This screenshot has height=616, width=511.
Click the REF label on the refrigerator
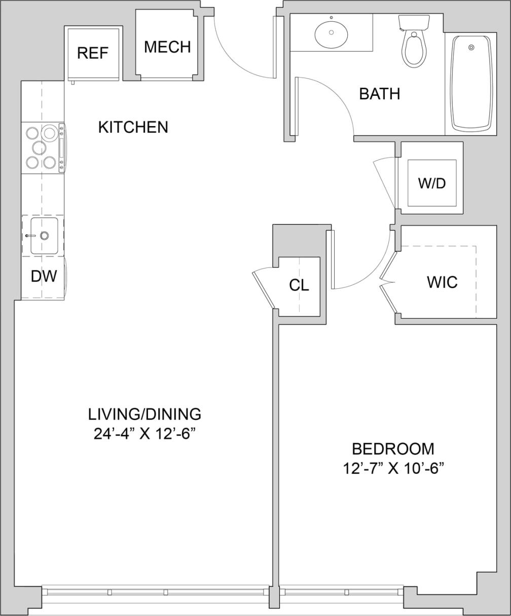tap(93, 53)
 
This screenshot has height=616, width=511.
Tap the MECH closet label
tap(167, 47)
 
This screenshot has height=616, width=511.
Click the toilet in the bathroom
tap(415, 49)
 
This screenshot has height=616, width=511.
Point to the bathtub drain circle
tap(471, 47)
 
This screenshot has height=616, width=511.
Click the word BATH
tap(380, 94)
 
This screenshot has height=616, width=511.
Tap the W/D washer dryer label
tap(431, 183)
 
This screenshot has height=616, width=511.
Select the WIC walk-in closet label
tap(442, 282)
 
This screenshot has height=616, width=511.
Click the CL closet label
tap(299, 285)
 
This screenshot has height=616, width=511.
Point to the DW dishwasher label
tap(44, 277)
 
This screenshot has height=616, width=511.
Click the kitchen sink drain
tap(45, 236)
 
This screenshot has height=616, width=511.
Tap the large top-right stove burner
tap(50, 133)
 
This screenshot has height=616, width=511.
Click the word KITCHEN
tap(133, 127)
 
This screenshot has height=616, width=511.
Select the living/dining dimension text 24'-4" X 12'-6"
tap(144, 434)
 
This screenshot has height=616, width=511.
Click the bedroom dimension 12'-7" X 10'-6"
tap(393, 469)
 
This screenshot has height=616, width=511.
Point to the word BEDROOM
tap(393, 449)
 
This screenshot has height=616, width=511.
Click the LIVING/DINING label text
tap(144, 414)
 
